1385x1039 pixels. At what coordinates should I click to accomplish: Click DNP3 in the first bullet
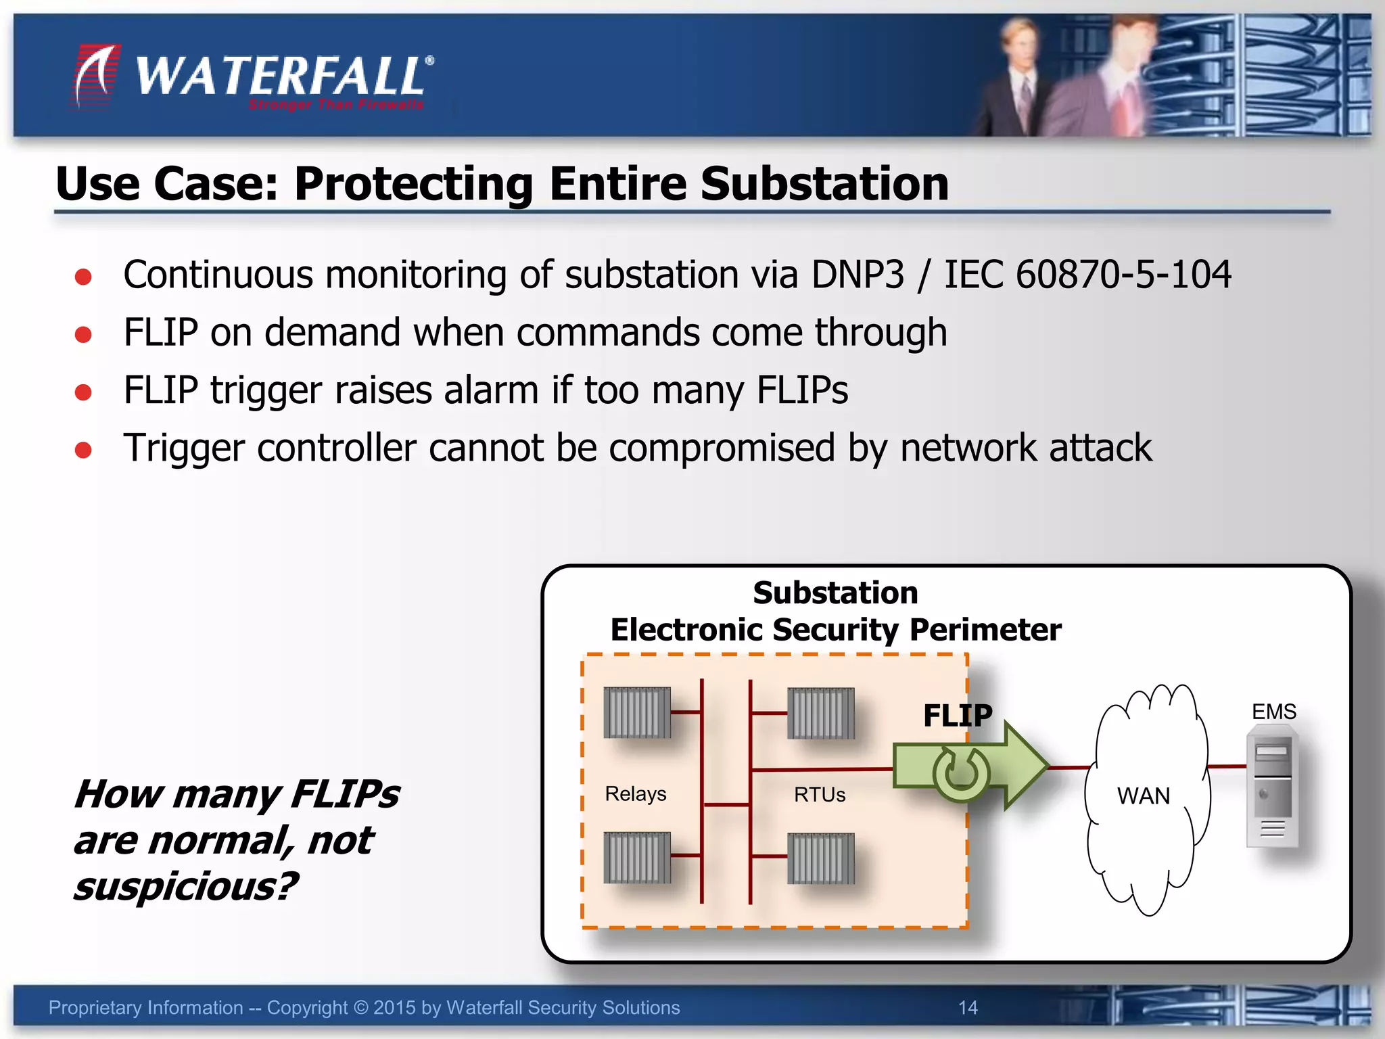857,275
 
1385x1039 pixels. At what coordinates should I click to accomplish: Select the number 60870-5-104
1123,275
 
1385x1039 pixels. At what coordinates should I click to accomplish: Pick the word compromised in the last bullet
721,448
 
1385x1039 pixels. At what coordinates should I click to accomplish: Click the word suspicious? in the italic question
185,887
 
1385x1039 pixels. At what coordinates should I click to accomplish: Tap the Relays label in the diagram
635,793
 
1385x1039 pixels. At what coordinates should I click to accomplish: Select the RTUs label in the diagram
820,794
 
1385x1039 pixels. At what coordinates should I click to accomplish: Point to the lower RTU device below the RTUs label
821,858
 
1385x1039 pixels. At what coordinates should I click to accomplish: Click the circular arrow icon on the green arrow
960,773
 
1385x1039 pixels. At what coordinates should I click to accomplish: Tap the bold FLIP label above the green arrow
958,716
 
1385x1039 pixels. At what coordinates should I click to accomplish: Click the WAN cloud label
1143,796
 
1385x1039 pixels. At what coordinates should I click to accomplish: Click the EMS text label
1273,712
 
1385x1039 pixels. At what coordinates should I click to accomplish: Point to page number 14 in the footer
968,1008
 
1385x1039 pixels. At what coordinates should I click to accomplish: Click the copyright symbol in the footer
360,1008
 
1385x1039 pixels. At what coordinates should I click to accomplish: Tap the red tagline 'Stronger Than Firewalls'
336,105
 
